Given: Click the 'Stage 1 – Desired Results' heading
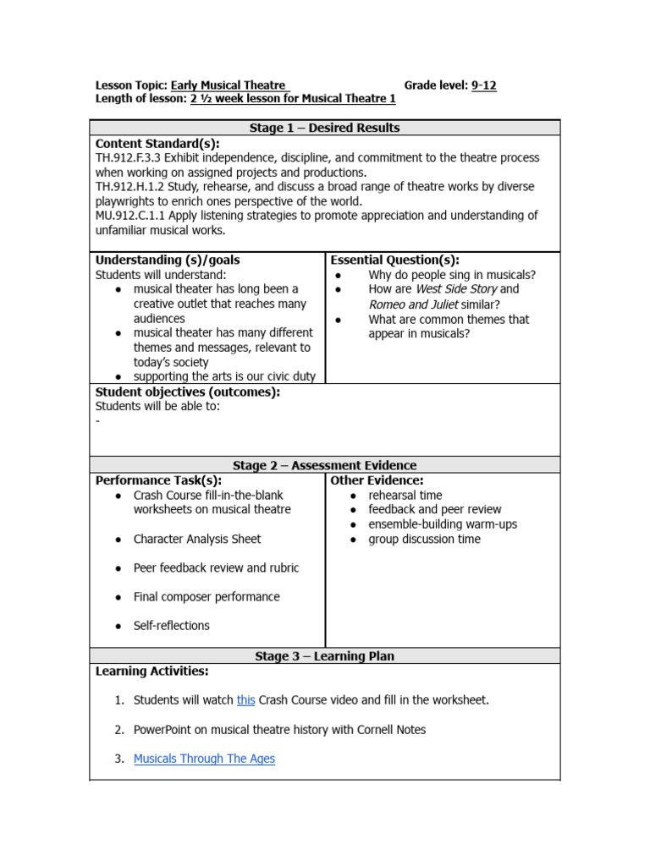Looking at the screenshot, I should (324, 128).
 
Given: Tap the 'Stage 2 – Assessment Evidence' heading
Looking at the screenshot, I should (324, 465).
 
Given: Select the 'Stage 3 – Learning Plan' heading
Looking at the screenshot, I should (324, 656).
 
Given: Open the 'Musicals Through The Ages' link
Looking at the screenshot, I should (204, 759).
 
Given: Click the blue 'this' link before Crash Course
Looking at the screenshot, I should (245, 700).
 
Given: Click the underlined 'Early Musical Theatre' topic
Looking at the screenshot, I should (229, 85).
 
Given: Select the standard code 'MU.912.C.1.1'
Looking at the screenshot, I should (132, 216).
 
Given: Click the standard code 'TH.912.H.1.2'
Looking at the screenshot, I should (132, 187).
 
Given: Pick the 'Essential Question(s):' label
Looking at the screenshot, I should (394, 260).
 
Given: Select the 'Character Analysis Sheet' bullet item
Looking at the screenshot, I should (197, 539).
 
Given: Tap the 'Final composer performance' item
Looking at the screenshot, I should (207, 597).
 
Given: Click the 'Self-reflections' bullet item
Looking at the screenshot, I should (172, 626).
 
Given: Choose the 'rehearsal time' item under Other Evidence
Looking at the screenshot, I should (405, 496).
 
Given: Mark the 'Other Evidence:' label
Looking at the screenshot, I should (377, 480).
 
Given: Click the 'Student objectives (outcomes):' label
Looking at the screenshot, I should (187, 392).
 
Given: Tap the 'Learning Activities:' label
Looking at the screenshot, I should (151, 671).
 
